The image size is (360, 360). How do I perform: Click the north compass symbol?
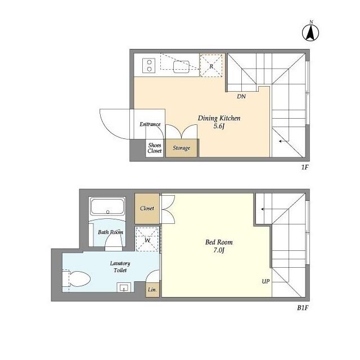[x=310, y=31]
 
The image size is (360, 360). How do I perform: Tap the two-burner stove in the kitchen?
[x=148, y=65]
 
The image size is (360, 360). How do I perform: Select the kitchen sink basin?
[x=181, y=66]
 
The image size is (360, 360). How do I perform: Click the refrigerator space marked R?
[x=211, y=65]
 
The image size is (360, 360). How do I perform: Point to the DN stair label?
[x=241, y=96]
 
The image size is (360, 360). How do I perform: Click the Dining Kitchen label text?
[x=219, y=118]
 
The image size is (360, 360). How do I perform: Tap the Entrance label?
[x=150, y=124]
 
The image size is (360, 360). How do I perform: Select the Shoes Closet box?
[x=155, y=148]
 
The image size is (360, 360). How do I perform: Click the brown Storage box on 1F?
[x=181, y=148]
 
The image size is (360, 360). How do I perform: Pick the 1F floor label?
[x=304, y=168]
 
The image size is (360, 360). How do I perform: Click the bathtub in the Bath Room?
[x=107, y=206]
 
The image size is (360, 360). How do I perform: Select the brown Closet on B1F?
[x=147, y=209]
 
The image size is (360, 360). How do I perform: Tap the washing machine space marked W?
[x=147, y=239]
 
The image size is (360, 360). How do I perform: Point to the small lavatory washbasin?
[x=124, y=287]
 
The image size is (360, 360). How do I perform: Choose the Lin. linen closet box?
[x=152, y=290]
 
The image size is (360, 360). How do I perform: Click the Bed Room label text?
[x=219, y=242]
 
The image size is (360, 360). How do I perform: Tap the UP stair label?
[x=265, y=281]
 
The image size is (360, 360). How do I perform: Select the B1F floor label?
[x=303, y=308]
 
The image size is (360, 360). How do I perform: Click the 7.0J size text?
[x=219, y=250]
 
